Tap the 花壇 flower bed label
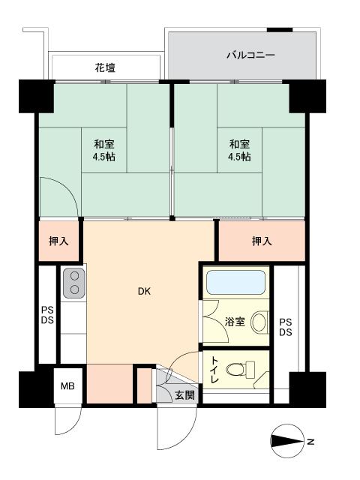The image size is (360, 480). click(105, 68)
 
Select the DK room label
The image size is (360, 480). click(143, 292)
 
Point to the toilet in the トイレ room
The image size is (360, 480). click(239, 369)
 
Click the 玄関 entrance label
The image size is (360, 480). click(184, 395)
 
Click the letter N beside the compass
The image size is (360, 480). click(310, 441)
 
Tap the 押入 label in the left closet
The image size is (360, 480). click(59, 241)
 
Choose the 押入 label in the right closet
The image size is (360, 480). click(262, 241)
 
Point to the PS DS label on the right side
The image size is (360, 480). click(286, 328)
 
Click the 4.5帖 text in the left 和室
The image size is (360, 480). click(105, 157)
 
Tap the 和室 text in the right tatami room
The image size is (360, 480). click(239, 144)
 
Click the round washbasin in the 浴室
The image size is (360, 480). click(259, 322)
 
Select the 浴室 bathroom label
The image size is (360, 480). click(235, 322)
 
